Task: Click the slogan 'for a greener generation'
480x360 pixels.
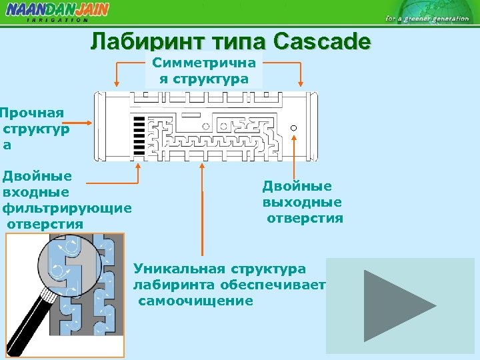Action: [427, 19]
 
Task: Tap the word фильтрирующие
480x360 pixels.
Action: [67, 208]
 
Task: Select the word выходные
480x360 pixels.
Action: [302, 202]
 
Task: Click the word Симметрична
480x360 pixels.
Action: [203, 63]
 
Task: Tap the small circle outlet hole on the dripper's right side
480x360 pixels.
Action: [293, 127]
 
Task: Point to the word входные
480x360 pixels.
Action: [36, 192]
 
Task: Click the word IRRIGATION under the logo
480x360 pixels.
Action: [57, 20]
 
